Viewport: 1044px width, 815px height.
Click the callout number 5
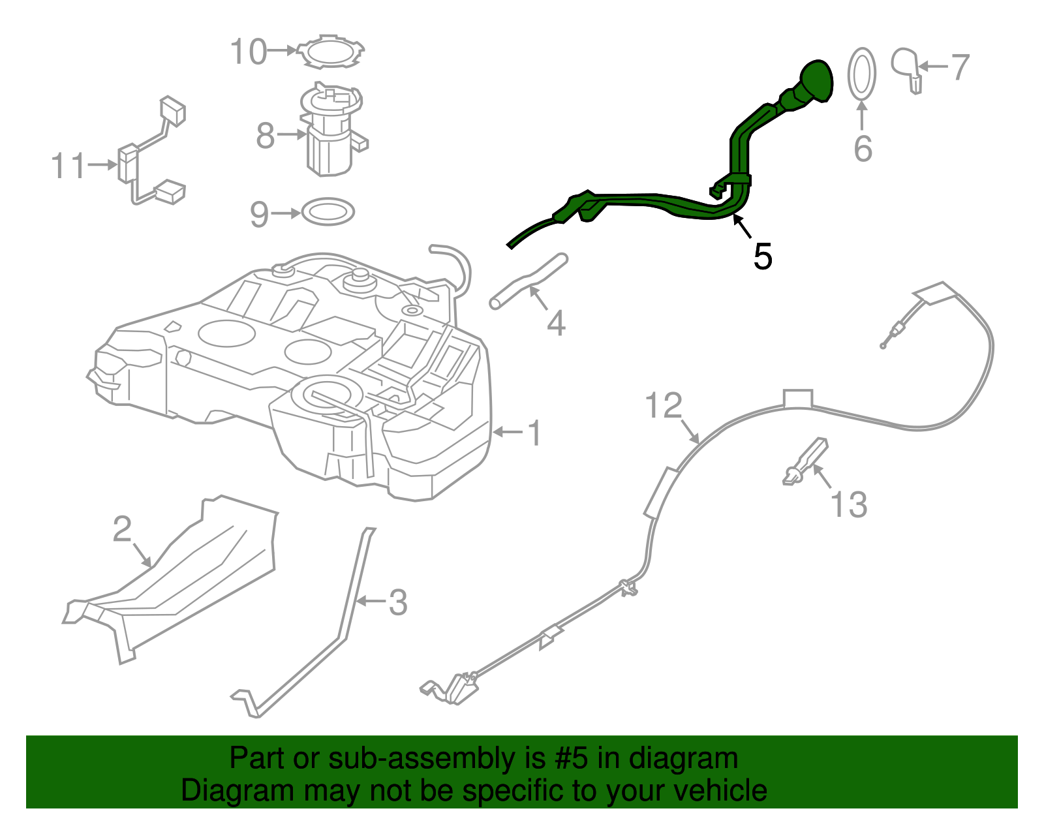click(x=762, y=256)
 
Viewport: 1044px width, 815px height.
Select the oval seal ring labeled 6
click(x=861, y=73)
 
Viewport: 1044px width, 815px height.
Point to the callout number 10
click(x=249, y=52)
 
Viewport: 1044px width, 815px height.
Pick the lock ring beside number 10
click(x=330, y=52)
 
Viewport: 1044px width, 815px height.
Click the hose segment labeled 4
click(x=529, y=282)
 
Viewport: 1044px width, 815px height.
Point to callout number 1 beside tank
click(x=534, y=433)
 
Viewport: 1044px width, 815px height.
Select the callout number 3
click(x=398, y=602)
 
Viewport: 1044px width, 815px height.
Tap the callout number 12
click(x=664, y=406)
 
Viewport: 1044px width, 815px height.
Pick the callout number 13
click(x=848, y=504)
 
